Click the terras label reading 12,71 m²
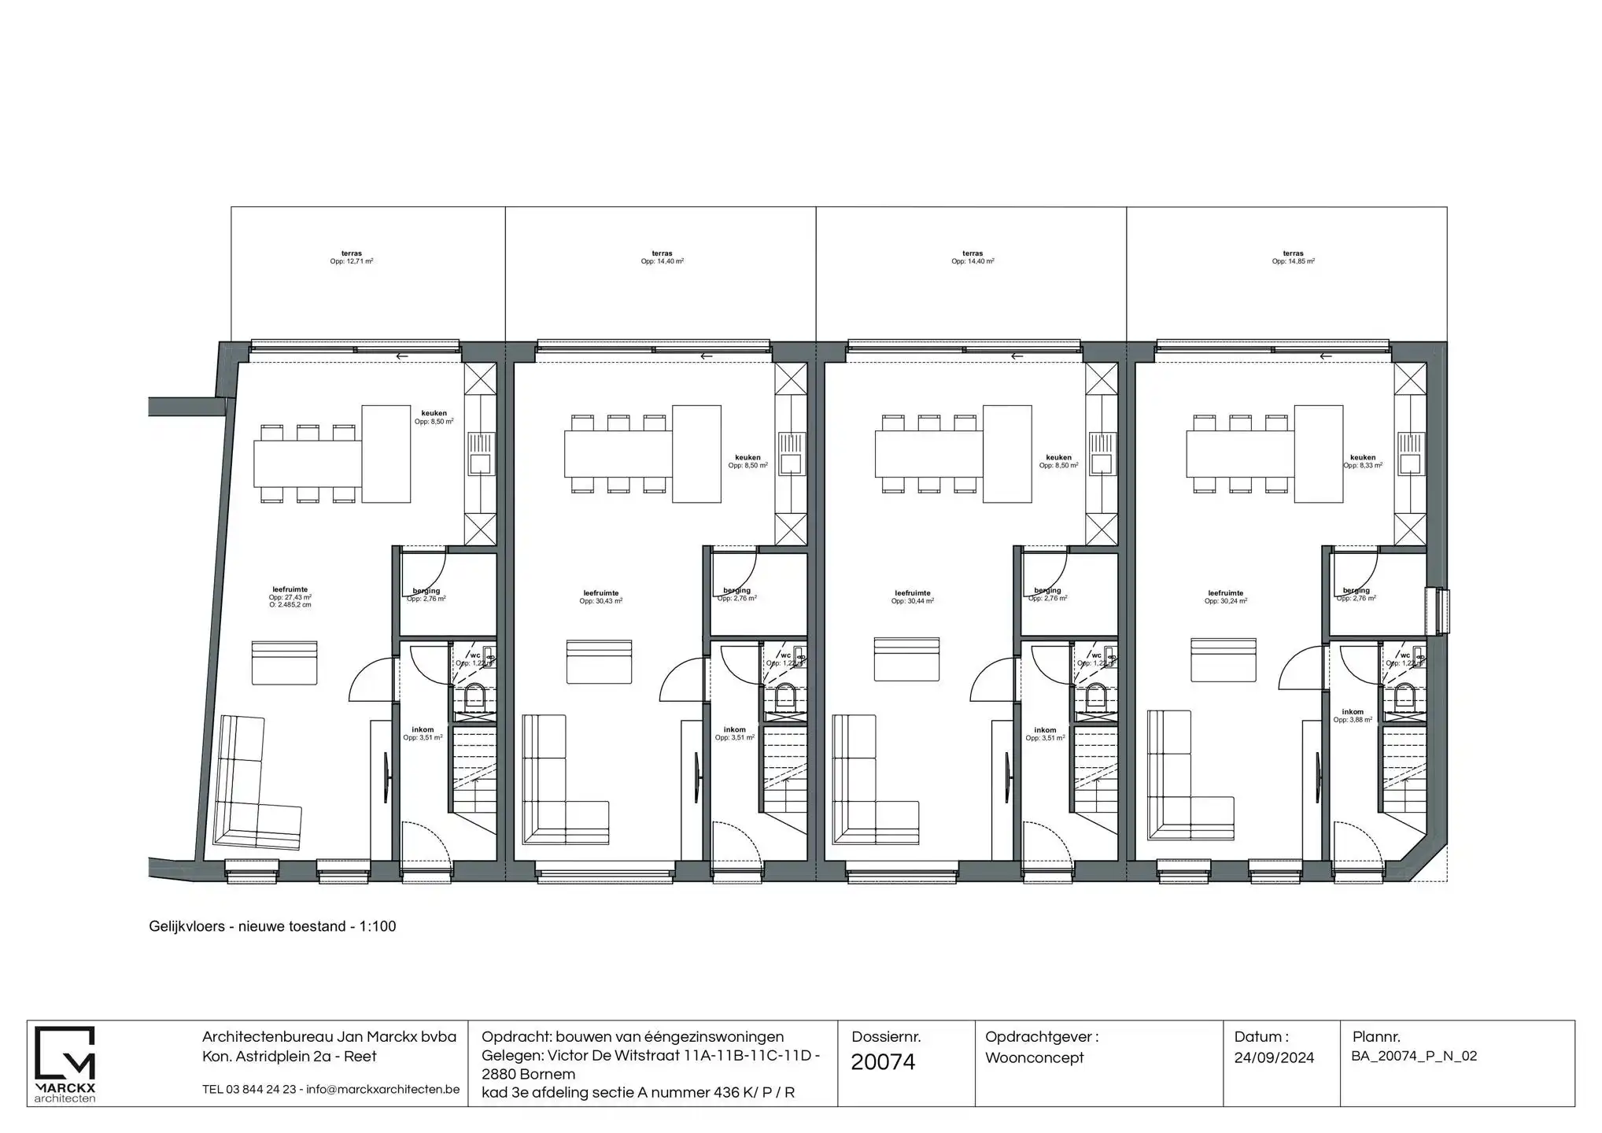click(352, 257)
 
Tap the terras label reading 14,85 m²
click(1293, 257)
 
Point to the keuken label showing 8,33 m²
click(1362, 461)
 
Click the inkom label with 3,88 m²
click(1353, 715)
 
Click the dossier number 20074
click(883, 1062)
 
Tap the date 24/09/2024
click(1274, 1057)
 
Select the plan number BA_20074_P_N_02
click(1414, 1056)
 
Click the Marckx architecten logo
click(65, 1063)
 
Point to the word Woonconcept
click(1034, 1057)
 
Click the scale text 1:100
click(378, 927)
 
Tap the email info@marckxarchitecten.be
click(382, 1090)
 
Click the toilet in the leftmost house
click(475, 696)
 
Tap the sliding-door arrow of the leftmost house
click(402, 356)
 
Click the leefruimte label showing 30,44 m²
click(912, 597)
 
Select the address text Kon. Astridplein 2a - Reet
click(289, 1057)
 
